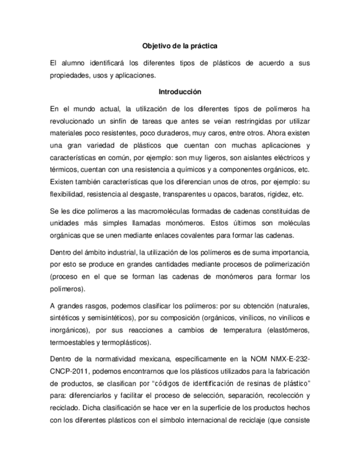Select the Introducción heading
pyautogui.click(x=180, y=91)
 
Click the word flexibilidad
pyautogui.click(x=67, y=194)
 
